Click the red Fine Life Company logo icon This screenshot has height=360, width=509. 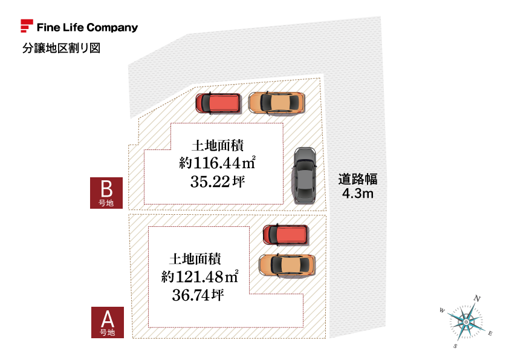pyautogui.click(x=27, y=27)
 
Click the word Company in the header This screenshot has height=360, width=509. pyautogui.click(x=112, y=28)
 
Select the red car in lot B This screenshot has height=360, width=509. pyautogui.click(x=218, y=103)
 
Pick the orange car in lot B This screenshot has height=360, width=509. pyautogui.click(x=276, y=103)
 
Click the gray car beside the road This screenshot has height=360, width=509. pyautogui.click(x=304, y=175)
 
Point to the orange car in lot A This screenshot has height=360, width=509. pyautogui.click(x=287, y=265)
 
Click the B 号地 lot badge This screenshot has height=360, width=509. pyautogui.click(x=106, y=192)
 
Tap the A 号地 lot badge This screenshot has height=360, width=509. pyautogui.click(x=107, y=322)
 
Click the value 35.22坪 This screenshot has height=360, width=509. pyautogui.click(x=217, y=181)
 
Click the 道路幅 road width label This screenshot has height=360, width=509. pyautogui.click(x=358, y=179)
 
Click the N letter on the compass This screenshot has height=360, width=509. pyautogui.click(x=477, y=298)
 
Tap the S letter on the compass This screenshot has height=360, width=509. pyautogui.click(x=455, y=347)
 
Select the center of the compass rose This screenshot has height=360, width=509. pyautogui.click(x=466, y=322)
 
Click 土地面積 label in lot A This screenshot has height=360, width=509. pyautogui.click(x=195, y=259)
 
